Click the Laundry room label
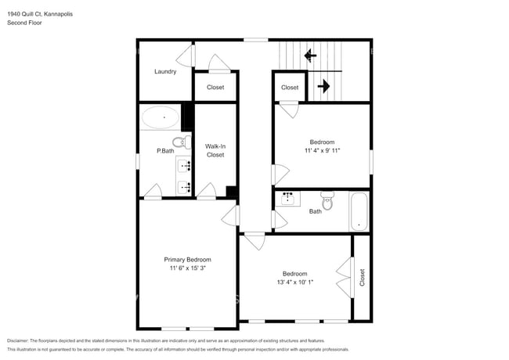click(164, 71)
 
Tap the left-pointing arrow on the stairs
click(310, 56)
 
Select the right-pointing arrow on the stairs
click(322, 86)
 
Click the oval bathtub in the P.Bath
click(161, 118)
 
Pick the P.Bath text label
click(164, 150)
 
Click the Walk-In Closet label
click(215, 150)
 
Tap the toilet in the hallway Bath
click(327, 204)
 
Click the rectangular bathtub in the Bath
click(359, 211)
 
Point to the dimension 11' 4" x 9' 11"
click(322, 150)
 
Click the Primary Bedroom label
click(187, 259)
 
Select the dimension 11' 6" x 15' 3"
click(187, 268)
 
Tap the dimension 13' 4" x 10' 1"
click(294, 283)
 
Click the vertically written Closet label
click(362, 277)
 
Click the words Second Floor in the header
click(24, 23)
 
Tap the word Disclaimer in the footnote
click(22, 341)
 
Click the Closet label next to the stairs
click(290, 88)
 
